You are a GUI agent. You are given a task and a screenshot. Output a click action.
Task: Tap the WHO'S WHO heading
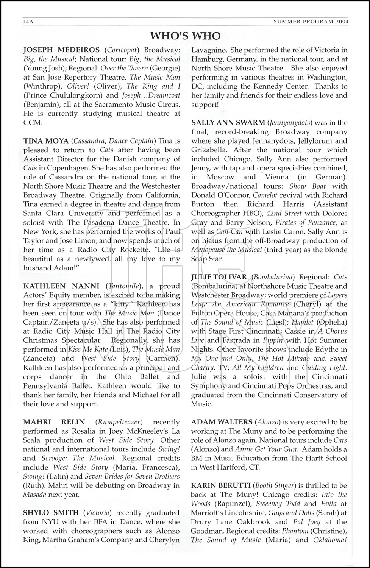[x=185, y=36]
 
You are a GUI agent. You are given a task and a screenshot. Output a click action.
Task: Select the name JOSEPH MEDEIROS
[x=62, y=50]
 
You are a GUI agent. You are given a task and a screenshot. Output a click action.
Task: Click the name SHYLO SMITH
[x=51, y=513]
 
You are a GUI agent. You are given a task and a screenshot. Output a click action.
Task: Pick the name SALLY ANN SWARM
[x=228, y=123]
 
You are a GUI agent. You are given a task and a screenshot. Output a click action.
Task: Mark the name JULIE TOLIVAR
[x=219, y=277]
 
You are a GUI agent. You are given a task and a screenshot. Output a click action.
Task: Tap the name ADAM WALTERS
[x=222, y=422]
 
